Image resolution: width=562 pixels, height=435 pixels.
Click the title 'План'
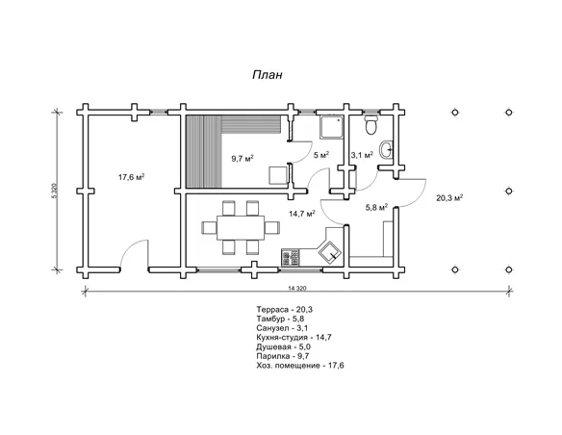click(x=268, y=74)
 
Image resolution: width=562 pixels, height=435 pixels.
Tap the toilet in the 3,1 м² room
click(x=370, y=125)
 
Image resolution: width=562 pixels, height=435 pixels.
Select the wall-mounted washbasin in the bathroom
click(x=387, y=149)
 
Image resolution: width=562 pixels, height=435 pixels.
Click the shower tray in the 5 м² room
click(x=331, y=126)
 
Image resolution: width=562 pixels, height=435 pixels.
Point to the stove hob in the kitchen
click(x=291, y=258)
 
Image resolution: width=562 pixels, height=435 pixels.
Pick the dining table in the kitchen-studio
click(x=241, y=228)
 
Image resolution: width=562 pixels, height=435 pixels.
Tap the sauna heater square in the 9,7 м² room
click(x=278, y=175)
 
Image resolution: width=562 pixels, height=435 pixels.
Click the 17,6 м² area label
click(x=132, y=176)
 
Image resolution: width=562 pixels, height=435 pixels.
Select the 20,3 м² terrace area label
click(x=449, y=197)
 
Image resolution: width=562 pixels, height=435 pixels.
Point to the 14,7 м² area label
click(x=302, y=214)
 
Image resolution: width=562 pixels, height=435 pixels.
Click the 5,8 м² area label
click(x=376, y=207)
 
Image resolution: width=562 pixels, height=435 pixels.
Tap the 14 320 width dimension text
click(x=297, y=288)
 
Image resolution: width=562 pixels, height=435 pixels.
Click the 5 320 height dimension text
click(x=54, y=192)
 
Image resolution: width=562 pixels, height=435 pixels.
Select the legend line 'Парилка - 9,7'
click(x=283, y=356)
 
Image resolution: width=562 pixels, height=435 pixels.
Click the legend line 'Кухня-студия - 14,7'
click(x=294, y=337)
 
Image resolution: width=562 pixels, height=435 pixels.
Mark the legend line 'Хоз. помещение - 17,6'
click(x=300, y=366)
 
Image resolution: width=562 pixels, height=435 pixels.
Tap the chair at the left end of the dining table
click(x=209, y=228)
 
